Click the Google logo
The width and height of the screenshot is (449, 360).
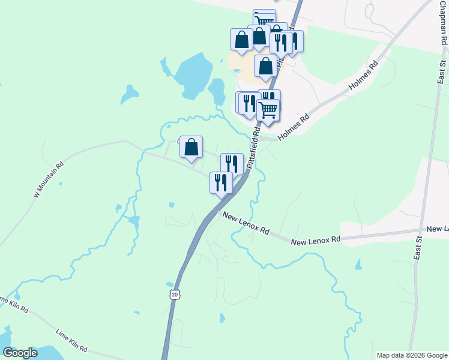(x=20, y=353)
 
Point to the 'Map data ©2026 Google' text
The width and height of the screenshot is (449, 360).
(x=412, y=355)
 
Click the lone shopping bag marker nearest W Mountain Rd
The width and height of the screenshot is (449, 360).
(x=191, y=147)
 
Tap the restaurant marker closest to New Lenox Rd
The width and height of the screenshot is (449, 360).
(x=221, y=182)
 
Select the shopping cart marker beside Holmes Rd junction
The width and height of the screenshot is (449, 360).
(x=268, y=110)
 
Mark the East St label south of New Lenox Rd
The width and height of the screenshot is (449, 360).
(x=418, y=246)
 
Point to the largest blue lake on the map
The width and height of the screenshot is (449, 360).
(x=191, y=75)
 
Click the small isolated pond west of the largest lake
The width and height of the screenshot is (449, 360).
(x=129, y=94)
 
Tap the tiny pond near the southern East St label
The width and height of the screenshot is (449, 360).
(x=358, y=264)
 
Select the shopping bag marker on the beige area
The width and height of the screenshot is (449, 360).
(x=265, y=66)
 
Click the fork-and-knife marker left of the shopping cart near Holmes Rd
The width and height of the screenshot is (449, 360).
(x=248, y=103)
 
